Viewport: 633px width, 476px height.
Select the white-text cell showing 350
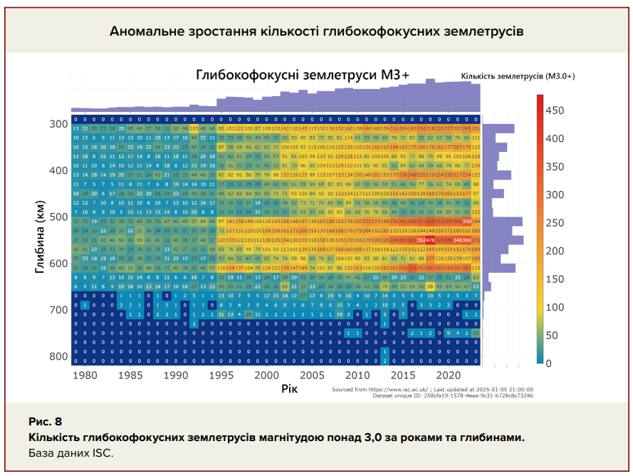(467, 222)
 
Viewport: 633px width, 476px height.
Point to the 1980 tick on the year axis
(85, 375)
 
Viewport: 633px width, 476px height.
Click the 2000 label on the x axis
(267, 375)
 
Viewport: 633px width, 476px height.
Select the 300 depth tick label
(58, 124)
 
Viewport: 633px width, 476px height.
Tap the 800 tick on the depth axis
(58, 356)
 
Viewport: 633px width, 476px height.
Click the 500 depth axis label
(58, 217)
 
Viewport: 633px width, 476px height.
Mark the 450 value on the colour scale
(555, 110)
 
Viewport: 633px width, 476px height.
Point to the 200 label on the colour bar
(555, 251)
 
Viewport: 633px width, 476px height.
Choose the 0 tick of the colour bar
(549, 363)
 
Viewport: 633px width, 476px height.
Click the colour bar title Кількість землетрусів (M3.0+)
(518, 76)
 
